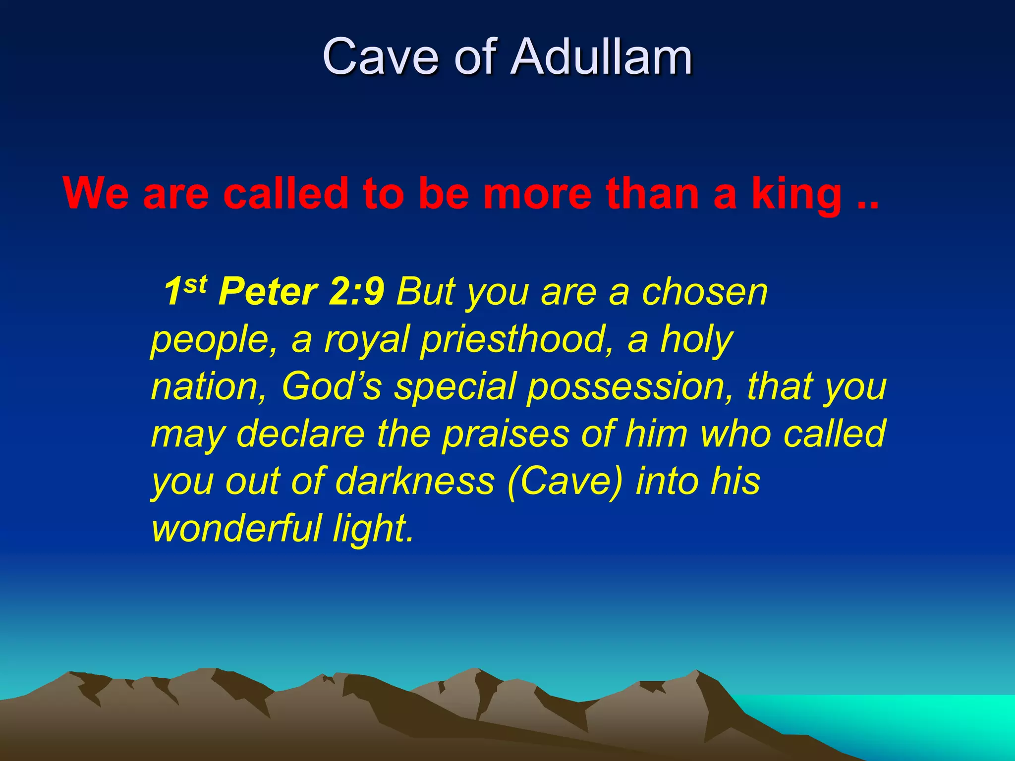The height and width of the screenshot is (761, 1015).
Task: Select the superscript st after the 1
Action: point(196,284)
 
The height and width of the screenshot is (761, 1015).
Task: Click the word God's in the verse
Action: point(332,386)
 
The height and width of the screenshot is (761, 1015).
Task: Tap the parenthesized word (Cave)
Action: point(564,481)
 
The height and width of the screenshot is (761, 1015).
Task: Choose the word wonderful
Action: point(237,528)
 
